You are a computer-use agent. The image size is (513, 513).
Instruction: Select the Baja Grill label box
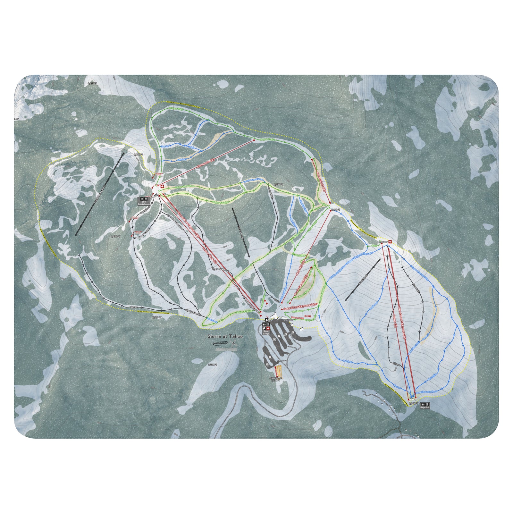[x=425, y=405]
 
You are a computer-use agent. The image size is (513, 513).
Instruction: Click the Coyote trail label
[x=165, y=146]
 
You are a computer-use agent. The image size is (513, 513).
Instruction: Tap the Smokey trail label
[x=182, y=159]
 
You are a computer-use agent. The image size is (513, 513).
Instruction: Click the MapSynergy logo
[x=221, y=343]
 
